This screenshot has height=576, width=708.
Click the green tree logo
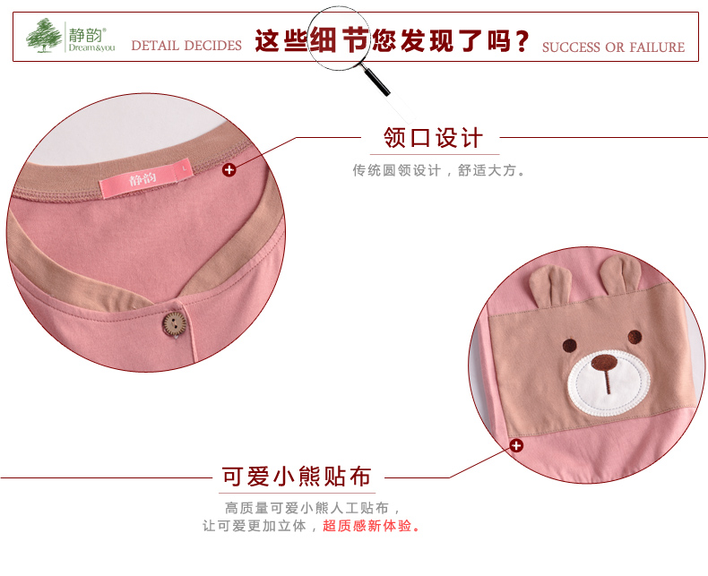pos(44,37)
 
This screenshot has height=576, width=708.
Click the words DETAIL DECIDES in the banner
pos(186,46)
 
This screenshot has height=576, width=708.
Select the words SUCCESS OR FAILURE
pos(613,47)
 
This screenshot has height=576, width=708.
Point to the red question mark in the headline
pos(518,41)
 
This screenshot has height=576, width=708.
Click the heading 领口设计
pos(433,138)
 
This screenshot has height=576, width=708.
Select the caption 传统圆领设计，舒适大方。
pos(438,170)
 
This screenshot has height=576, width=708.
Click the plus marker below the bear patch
pos(516,445)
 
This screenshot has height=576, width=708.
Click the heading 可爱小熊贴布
pos(297,476)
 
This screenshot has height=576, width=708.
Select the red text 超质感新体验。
pos(371,526)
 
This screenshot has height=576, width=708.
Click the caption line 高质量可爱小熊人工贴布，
pos(307,508)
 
